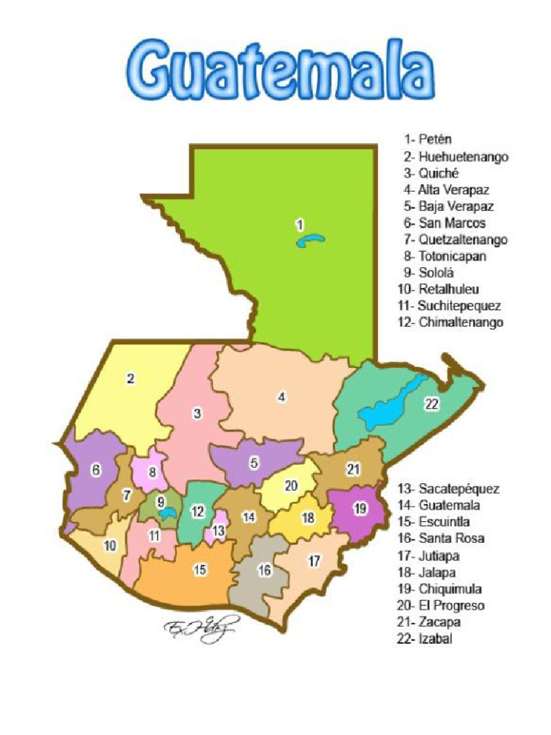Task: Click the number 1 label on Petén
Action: [300, 225]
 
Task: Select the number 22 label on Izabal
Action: [431, 404]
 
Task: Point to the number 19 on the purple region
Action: [360, 508]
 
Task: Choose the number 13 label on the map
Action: [219, 532]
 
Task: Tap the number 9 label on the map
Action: [161, 502]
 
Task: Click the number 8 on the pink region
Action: [152, 472]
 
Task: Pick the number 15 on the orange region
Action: [200, 570]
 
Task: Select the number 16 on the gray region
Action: [265, 571]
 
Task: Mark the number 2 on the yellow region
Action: [131, 380]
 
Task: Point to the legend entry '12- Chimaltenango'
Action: [450, 322]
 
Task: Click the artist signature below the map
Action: [193, 630]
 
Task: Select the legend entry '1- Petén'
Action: [428, 139]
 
